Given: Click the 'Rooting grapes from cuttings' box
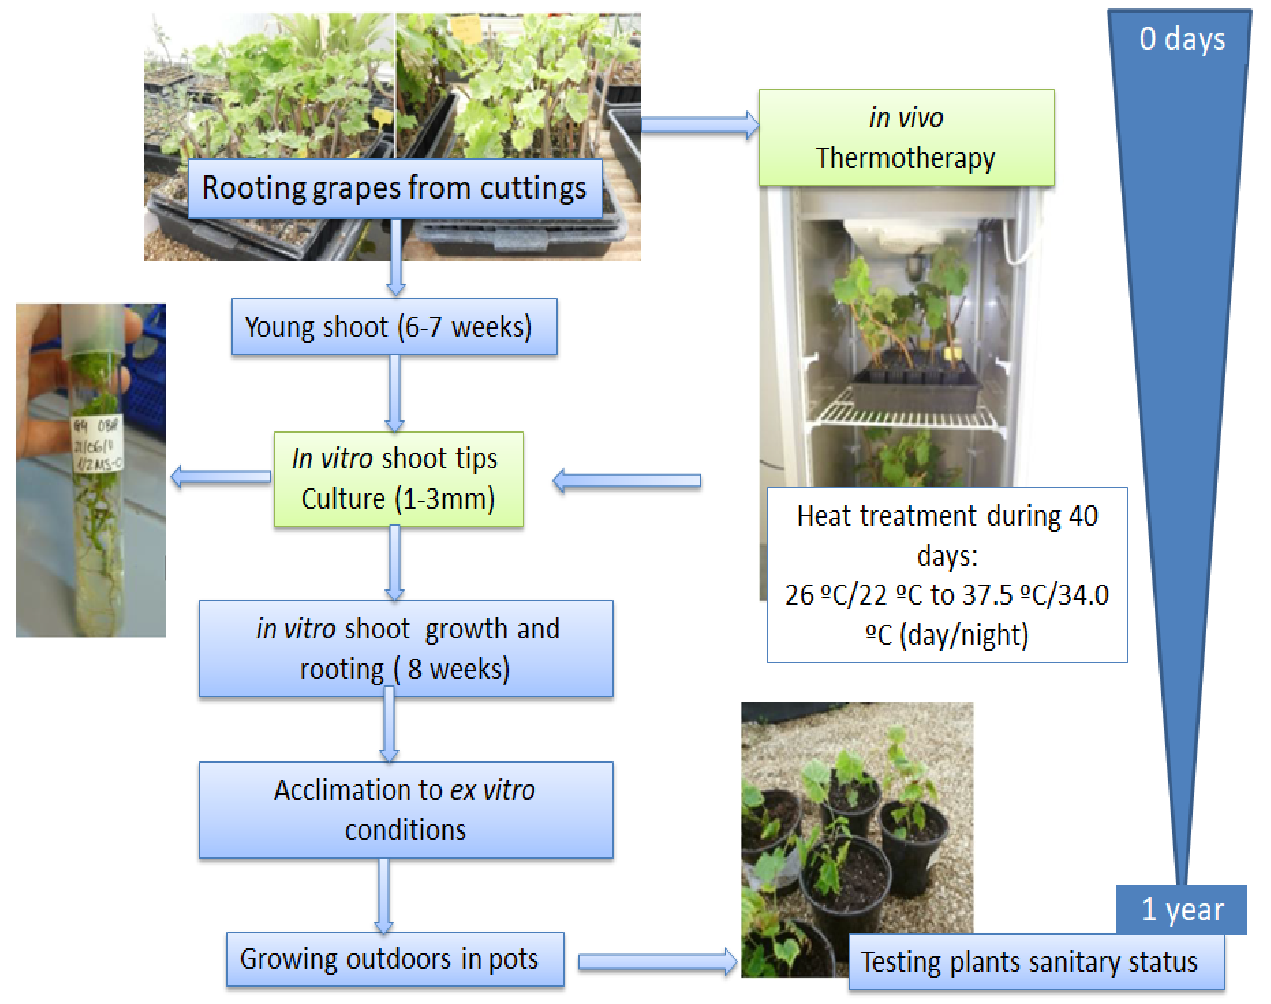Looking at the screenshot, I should pos(394,189).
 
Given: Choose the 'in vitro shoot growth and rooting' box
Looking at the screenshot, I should pos(406,649).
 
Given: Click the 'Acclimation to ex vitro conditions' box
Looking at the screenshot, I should pos(406,810).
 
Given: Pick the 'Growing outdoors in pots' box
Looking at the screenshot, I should pos(394,959).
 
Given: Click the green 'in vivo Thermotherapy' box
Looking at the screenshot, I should pos(906,138).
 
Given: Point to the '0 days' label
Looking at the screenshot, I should pos(1182,39).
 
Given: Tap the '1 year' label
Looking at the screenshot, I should pos(1182,910).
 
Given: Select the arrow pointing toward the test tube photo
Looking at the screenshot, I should pos(221,476).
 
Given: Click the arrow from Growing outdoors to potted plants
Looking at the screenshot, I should pos(657,962).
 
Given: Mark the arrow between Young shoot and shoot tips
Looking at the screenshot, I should pos(394,393).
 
